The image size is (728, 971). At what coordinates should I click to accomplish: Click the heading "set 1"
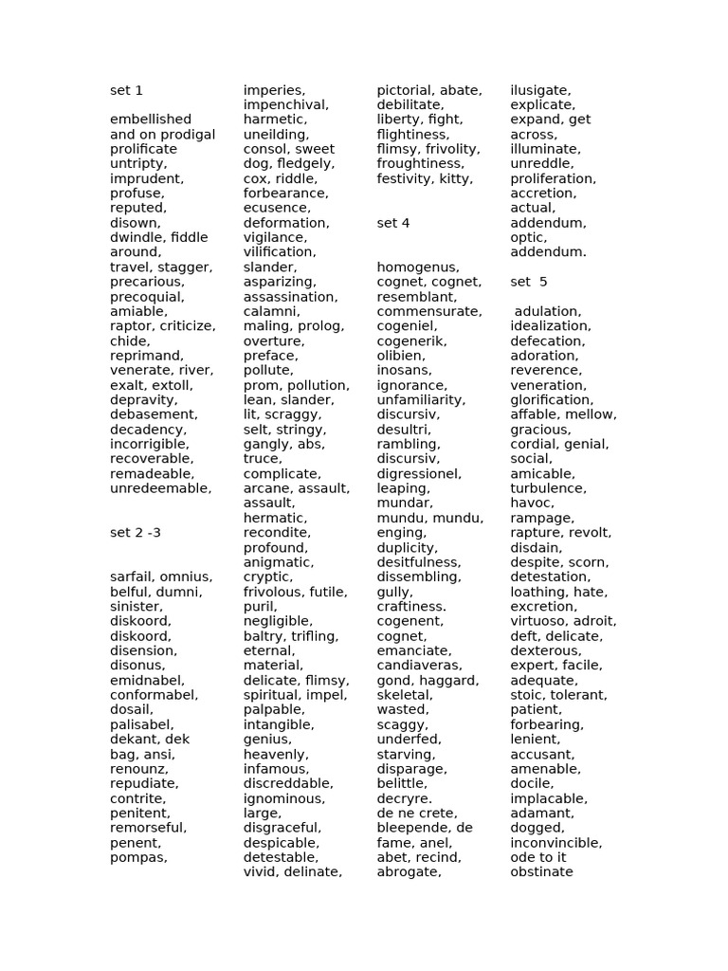[126, 90]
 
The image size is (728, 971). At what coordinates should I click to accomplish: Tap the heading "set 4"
[393, 223]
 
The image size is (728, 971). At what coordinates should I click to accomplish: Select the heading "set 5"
[529, 282]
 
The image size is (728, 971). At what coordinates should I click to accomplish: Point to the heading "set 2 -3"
[136, 533]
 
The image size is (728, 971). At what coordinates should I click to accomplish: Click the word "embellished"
[151, 119]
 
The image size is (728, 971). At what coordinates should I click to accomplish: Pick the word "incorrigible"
[150, 444]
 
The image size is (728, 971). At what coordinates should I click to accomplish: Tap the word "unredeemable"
[159, 488]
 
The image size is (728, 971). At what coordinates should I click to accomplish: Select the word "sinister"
[136, 607]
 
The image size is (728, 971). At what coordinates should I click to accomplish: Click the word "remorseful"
[148, 828]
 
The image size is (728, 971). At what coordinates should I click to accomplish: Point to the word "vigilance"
[273, 238]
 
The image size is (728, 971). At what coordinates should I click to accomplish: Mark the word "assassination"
[290, 297]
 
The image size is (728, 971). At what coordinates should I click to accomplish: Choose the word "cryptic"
[267, 577]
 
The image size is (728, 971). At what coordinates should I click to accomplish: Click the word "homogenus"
[418, 267]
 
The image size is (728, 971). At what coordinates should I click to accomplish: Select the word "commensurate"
[429, 311]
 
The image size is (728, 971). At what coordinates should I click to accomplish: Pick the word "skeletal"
[404, 695]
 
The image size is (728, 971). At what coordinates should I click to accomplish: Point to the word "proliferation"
[553, 178]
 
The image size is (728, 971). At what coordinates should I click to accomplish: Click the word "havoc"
[530, 504]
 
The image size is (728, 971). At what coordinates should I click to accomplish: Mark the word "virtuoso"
[539, 621]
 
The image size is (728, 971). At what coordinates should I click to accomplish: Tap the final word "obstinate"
[541, 872]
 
